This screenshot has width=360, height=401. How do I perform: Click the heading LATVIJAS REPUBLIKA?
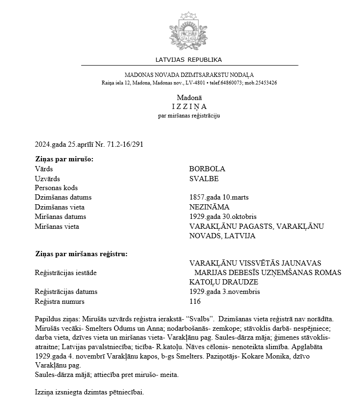coord(188,60)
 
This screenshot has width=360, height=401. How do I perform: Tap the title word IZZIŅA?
coord(189,107)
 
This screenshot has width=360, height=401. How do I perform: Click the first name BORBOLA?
coord(207,169)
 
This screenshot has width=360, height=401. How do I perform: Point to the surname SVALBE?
coord(204,179)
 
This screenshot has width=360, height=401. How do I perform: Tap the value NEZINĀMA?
coord(209,207)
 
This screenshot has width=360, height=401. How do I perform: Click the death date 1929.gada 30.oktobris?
coord(223,217)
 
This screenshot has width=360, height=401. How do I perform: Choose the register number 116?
coord(195,301)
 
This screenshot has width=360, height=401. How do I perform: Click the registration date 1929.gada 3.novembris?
coord(224,292)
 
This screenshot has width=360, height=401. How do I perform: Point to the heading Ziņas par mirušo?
coord(64,159)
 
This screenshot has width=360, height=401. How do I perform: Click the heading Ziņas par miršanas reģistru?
coord(81,254)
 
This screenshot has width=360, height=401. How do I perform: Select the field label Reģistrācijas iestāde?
coord(64,273)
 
